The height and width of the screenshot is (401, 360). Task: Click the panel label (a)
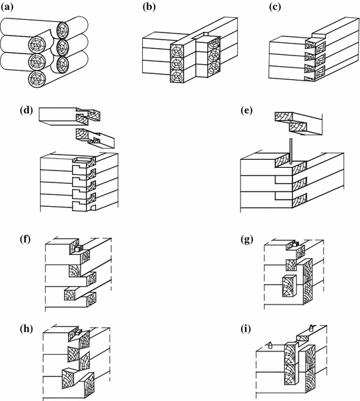click(7, 7)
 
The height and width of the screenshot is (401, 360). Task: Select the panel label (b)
click(149, 7)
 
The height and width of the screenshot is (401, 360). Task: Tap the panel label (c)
click(275, 7)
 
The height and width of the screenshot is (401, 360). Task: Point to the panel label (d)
click(26, 110)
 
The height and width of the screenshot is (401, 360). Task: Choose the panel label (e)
click(247, 110)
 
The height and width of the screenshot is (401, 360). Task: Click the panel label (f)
click(25, 240)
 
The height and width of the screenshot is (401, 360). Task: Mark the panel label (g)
click(247, 240)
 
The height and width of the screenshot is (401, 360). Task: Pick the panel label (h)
click(26, 329)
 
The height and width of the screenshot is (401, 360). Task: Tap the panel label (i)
click(246, 329)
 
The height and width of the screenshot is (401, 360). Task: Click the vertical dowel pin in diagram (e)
click(291, 151)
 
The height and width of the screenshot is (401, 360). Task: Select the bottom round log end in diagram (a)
click(37, 79)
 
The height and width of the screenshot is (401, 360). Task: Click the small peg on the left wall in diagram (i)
click(270, 346)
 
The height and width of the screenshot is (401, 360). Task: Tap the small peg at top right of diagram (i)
click(311, 328)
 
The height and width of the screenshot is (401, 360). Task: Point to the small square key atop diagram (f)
click(79, 248)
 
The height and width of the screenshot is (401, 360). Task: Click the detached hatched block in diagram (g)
click(289, 286)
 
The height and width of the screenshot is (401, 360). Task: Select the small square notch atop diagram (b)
click(205, 34)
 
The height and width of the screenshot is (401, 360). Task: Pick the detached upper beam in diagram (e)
click(299, 124)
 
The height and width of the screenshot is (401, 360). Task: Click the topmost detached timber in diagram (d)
click(69, 116)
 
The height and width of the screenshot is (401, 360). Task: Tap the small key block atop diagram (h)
click(79, 332)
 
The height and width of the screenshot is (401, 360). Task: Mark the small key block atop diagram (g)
click(297, 244)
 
